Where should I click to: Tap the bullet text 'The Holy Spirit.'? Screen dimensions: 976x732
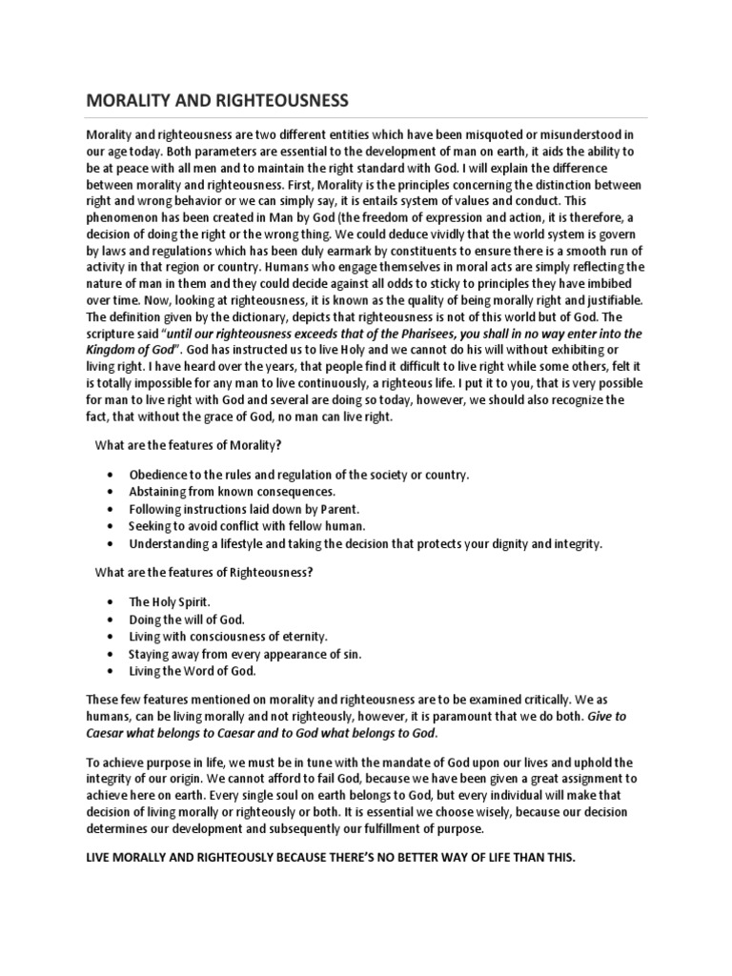170,602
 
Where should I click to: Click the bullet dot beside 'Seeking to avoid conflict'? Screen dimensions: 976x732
112,526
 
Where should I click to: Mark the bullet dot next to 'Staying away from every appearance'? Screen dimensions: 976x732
112,654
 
